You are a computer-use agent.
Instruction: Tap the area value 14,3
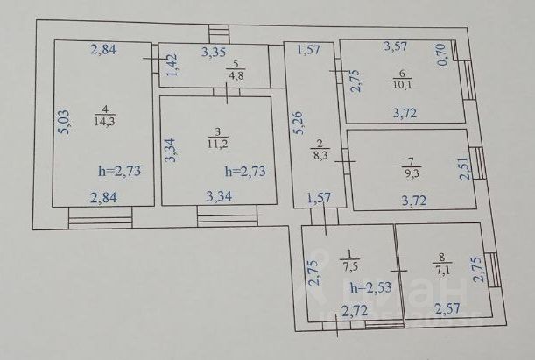click(x=104, y=122)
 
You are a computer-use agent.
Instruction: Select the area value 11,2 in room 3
click(x=217, y=144)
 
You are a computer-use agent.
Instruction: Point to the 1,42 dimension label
click(x=172, y=66)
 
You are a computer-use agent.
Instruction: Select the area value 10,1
click(x=402, y=84)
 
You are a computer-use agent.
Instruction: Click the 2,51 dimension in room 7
click(x=462, y=166)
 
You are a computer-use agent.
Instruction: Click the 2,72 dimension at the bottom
click(x=355, y=309)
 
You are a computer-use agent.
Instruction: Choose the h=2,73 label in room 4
click(x=116, y=171)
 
